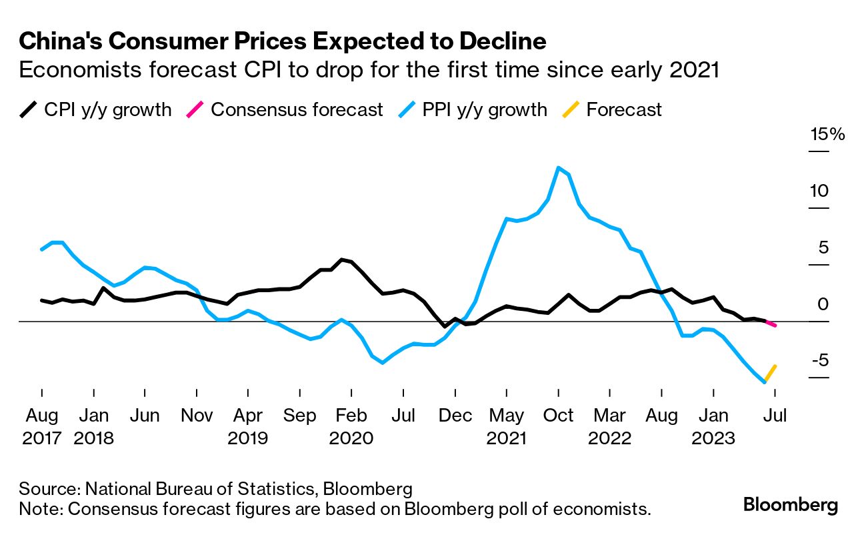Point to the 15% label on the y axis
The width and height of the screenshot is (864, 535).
(x=827, y=135)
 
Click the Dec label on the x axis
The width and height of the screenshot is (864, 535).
(x=455, y=416)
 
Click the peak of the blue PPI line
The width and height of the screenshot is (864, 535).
(x=559, y=167)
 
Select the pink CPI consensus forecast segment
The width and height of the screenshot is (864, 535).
(x=770, y=323)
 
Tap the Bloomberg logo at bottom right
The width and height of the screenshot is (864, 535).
(x=791, y=505)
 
